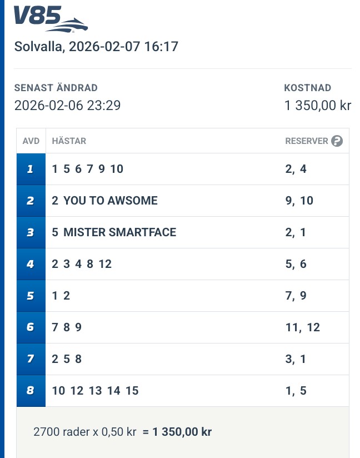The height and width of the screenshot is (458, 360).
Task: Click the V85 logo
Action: [51, 19]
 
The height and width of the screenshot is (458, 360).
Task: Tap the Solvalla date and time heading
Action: [96, 47]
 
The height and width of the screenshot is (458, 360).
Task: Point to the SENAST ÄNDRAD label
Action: [56, 88]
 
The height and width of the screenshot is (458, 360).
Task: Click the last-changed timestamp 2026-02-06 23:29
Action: [67, 105]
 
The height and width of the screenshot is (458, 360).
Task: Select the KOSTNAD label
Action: [307, 88]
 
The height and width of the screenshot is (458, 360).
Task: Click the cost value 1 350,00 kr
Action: [317, 105]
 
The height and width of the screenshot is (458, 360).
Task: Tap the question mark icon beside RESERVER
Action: [337, 141]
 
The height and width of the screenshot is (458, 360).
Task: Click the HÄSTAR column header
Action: [69, 141]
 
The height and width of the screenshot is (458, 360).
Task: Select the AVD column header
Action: [31, 141]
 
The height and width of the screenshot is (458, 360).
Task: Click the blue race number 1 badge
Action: [31, 169]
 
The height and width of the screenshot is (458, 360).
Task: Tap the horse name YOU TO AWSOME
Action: [111, 201]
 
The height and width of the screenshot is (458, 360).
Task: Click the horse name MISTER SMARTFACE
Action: [119, 232]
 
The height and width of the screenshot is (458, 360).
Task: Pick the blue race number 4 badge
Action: [31, 264]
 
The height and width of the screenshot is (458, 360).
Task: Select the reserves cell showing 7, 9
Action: [296, 296]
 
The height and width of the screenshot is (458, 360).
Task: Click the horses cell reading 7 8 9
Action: [67, 327]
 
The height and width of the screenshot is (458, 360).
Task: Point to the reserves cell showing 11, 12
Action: [303, 327]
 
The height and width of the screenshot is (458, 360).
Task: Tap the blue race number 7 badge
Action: [31, 359]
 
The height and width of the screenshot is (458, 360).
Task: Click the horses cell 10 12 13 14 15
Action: [95, 391]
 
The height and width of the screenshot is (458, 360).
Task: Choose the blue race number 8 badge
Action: [31, 391]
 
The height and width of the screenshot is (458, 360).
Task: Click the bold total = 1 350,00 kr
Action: [177, 431]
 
